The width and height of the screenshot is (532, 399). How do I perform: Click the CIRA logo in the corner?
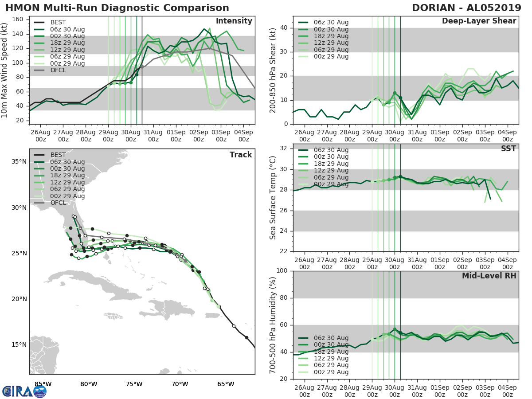24,391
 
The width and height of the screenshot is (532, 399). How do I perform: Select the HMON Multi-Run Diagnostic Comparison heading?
117,8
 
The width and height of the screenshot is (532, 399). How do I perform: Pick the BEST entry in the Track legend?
58,155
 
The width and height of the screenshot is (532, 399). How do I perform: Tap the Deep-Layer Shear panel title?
479,21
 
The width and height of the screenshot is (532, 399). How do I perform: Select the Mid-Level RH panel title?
489,276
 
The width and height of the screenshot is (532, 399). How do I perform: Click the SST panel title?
508,149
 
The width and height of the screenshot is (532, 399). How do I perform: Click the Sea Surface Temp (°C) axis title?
273,197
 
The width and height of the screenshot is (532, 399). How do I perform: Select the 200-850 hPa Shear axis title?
273,70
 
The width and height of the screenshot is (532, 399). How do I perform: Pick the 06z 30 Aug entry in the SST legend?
330,150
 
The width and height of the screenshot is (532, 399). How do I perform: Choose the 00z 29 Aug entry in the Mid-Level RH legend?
330,372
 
